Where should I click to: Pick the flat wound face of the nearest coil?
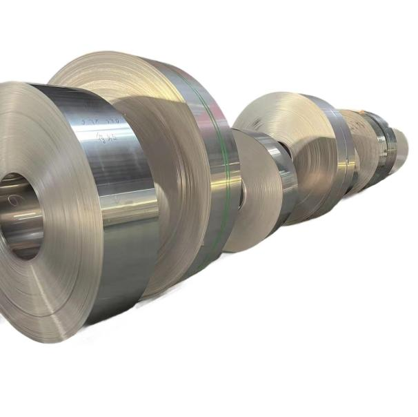pos(48,276)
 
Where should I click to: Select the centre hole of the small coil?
pos(241,197)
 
